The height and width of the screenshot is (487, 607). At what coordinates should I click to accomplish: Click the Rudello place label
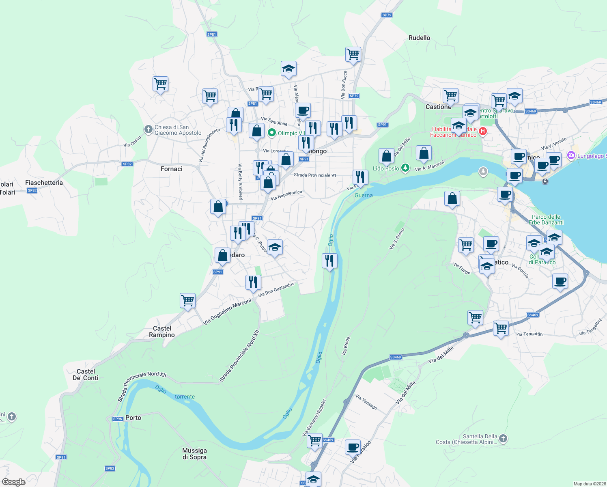point(419,38)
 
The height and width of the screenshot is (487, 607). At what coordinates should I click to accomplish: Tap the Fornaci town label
point(171,169)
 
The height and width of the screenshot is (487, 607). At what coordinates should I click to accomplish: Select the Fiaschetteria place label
point(44,183)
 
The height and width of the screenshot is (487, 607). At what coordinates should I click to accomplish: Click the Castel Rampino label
point(162,332)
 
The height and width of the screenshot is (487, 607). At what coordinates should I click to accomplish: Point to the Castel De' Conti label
point(85,375)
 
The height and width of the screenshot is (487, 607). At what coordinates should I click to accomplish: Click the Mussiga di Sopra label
point(194,454)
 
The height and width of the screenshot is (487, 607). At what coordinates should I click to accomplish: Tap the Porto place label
point(133,418)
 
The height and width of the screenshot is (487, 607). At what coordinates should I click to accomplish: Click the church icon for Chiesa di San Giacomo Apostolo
point(148,129)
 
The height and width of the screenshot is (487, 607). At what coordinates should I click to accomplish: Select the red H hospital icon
point(482,131)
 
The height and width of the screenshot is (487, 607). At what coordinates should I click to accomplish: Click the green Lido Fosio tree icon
point(405,168)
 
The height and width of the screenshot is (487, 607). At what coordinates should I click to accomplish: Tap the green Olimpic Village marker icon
point(272,133)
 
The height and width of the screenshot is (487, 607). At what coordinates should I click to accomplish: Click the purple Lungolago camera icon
point(571,155)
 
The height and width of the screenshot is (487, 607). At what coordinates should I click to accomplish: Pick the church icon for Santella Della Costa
point(503,438)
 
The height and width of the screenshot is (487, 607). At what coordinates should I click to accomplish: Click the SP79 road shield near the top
point(387,15)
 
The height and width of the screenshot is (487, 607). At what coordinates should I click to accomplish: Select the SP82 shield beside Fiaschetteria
point(32,190)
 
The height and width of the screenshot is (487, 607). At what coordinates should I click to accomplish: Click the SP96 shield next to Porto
point(117,419)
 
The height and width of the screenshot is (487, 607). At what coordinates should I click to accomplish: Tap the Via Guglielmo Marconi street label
point(227,312)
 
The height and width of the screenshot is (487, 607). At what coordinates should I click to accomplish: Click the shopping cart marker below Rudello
point(353,54)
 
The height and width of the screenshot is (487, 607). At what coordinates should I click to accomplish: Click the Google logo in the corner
point(13,482)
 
